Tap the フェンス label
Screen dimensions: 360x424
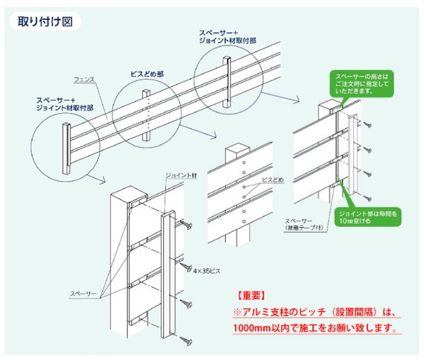84,80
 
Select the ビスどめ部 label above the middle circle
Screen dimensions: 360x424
147,74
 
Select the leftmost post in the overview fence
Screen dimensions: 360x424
66,148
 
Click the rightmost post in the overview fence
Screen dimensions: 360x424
227,82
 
